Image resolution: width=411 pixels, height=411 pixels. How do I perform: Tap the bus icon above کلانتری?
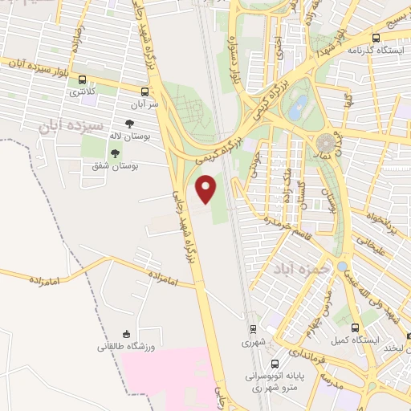[x=87, y=80]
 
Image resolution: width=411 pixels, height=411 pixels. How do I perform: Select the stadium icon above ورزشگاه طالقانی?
[x=125, y=334]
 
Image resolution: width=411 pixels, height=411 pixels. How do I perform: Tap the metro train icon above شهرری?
[x=253, y=328]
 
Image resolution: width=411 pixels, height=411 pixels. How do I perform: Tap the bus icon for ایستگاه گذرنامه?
[x=376, y=37]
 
